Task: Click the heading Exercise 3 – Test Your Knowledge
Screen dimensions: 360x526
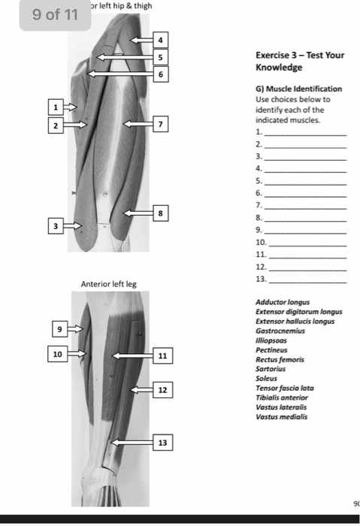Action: [299, 61]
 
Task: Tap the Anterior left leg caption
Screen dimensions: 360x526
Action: [109, 284]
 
